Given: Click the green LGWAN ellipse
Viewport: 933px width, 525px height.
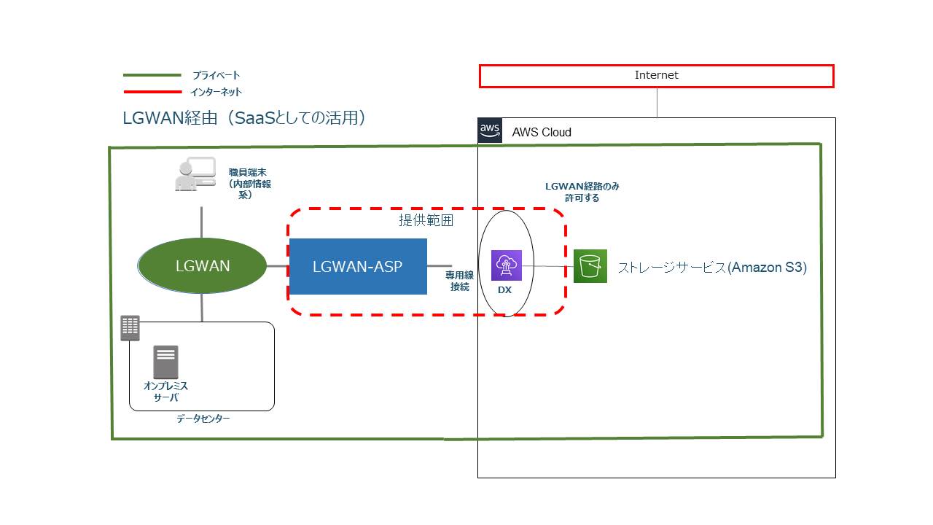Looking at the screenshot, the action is (x=202, y=265).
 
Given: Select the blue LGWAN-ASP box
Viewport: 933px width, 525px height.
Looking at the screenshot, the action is (x=358, y=267).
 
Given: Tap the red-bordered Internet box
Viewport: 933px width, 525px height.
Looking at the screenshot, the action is (x=657, y=76).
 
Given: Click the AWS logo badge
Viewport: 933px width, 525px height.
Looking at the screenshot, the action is (x=490, y=131).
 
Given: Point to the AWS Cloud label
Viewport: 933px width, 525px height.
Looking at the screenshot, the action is (x=542, y=132).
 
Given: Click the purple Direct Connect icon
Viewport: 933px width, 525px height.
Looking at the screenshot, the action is (x=507, y=265).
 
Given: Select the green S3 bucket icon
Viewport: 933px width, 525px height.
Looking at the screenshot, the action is (x=590, y=266).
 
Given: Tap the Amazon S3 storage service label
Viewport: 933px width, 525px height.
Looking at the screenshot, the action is (x=712, y=267).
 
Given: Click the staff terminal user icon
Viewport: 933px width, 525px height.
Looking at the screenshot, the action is (x=195, y=174).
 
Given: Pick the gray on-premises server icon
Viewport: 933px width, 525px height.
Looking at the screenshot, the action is (x=165, y=362).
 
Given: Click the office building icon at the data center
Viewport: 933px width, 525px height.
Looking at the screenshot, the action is (x=130, y=328).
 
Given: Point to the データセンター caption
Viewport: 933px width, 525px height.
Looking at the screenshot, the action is (x=203, y=419).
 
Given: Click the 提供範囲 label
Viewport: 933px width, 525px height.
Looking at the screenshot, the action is (x=426, y=220).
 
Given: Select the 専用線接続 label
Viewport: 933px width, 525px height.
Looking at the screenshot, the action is (x=459, y=281).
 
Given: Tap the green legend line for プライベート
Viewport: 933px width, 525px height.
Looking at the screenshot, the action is (x=152, y=75).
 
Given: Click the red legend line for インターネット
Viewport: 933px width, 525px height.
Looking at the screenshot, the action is (x=152, y=92).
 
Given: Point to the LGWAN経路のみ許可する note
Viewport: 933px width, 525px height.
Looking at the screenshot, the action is (x=582, y=192).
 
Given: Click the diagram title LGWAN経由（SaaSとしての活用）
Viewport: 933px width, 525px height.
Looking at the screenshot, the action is (x=244, y=118).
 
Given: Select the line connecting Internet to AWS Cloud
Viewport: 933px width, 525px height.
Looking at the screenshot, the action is (x=657, y=103).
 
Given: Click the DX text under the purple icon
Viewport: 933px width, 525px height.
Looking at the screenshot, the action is (x=505, y=290).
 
